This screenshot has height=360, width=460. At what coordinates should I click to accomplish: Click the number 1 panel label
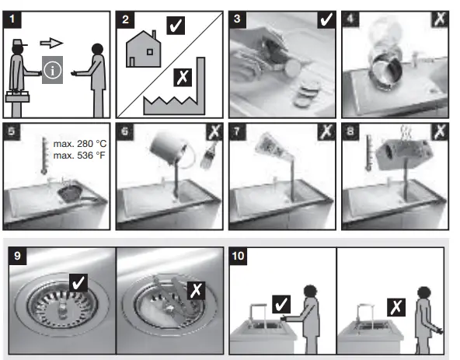tap(12, 19)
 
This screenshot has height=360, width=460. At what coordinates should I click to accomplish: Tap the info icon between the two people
tap(52, 70)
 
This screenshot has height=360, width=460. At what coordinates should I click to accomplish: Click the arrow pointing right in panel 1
tap(51, 43)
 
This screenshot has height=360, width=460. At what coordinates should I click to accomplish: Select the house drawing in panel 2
tap(144, 49)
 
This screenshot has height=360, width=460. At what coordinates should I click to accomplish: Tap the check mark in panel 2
tap(176, 26)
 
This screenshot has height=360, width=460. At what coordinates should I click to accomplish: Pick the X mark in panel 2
tap(183, 77)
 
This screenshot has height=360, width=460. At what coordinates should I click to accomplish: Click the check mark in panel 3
tap(326, 19)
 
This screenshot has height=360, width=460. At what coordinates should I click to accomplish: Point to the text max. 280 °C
tap(80, 144)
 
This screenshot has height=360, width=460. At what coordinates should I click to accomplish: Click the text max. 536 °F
tap(79, 155)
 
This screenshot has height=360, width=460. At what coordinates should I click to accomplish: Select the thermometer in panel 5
tap(44, 156)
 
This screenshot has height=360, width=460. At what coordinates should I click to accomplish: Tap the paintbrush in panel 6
tap(208, 156)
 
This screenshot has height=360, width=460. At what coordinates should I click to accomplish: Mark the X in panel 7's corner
tap(326, 132)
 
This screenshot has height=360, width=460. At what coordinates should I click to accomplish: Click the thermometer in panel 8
tap(369, 152)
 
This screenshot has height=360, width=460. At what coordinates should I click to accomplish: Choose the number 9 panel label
tap(18, 256)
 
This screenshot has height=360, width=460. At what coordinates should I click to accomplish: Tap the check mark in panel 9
tap(78, 283)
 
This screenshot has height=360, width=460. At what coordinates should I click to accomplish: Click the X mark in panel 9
tap(196, 290)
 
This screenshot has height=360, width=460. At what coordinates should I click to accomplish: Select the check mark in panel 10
tap(281, 304)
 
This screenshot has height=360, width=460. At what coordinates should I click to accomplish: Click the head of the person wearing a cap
tap(18, 47)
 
